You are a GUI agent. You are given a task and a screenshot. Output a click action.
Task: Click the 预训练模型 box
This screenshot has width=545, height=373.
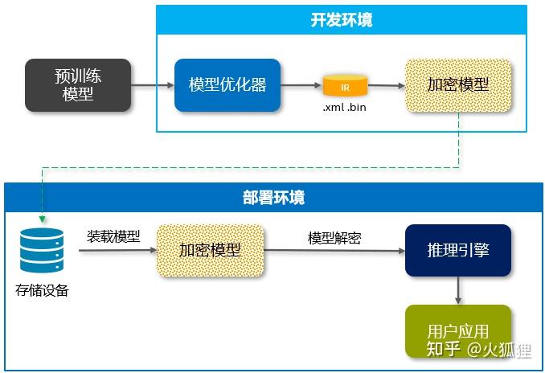pyautogui.click(x=78, y=84)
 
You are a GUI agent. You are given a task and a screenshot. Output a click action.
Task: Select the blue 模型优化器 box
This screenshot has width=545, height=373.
pyautogui.click(x=227, y=84)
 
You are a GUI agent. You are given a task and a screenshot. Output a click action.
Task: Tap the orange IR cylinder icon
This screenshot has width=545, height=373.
pyautogui.click(x=345, y=84)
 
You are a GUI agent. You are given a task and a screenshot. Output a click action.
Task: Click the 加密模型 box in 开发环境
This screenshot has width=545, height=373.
pyautogui.click(x=457, y=84)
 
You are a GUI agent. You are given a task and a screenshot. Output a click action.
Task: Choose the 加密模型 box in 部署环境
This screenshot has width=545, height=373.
pyautogui.click(x=210, y=250)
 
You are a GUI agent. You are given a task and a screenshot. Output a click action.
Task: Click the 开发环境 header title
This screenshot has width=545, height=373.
pyautogui.click(x=341, y=21)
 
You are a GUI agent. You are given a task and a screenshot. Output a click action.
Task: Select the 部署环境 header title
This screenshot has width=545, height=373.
pyautogui.click(x=273, y=197)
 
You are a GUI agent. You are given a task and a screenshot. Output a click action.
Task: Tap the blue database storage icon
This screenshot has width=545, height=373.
pyautogui.click(x=42, y=250)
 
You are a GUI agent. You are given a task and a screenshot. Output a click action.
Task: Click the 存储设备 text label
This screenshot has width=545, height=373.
pyautogui.click(x=42, y=290)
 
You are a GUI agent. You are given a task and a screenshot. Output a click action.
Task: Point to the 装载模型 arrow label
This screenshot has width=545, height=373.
pyautogui.click(x=113, y=236)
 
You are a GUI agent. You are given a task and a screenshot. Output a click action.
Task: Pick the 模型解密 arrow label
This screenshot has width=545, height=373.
pyautogui.click(x=334, y=238)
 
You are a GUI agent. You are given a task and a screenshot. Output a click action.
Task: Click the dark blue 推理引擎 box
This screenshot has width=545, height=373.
pyautogui.click(x=458, y=250)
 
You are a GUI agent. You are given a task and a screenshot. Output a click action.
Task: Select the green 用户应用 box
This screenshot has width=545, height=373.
pyautogui.click(x=458, y=330)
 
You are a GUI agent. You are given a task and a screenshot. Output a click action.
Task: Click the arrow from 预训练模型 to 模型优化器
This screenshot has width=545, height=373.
pyautogui.click(x=153, y=84)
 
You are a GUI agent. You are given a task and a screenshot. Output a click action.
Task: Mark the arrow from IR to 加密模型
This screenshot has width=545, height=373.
pyautogui.click(x=387, y=84)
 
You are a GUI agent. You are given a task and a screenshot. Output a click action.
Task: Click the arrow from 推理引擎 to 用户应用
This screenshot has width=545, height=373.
pyautogui.click(x=458, y=290)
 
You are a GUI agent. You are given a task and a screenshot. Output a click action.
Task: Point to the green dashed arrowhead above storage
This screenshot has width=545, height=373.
pyautogui.click(x=41, y=219)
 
